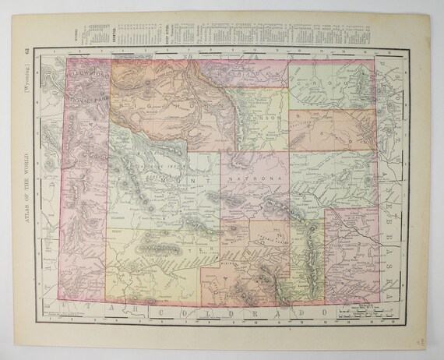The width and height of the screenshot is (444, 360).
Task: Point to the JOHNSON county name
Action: click(x=261, y=119)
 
